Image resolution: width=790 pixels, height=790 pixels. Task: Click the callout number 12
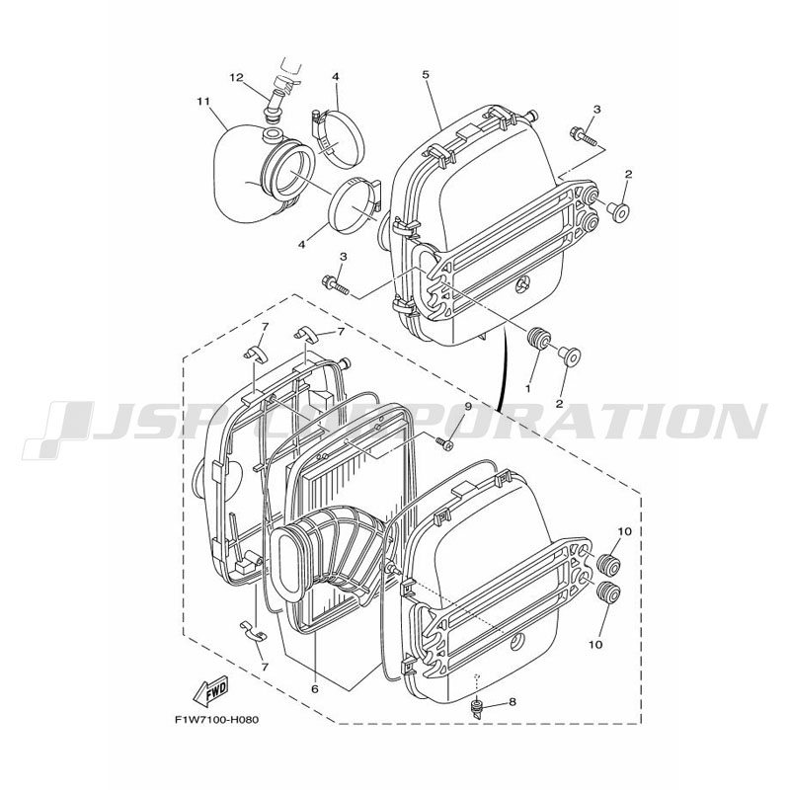click(236, 78)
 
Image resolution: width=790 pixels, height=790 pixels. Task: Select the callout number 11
click(203, 101)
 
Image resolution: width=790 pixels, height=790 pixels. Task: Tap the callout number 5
click(426, 75)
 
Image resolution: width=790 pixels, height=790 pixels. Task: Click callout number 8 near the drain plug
click(513, 701)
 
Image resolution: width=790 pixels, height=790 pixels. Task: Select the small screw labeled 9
click(442, 442)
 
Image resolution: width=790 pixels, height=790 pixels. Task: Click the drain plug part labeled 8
click(476, 707)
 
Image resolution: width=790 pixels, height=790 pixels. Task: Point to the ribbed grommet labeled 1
click(538, 339)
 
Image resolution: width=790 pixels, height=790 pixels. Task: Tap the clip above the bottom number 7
click(253, 631)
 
